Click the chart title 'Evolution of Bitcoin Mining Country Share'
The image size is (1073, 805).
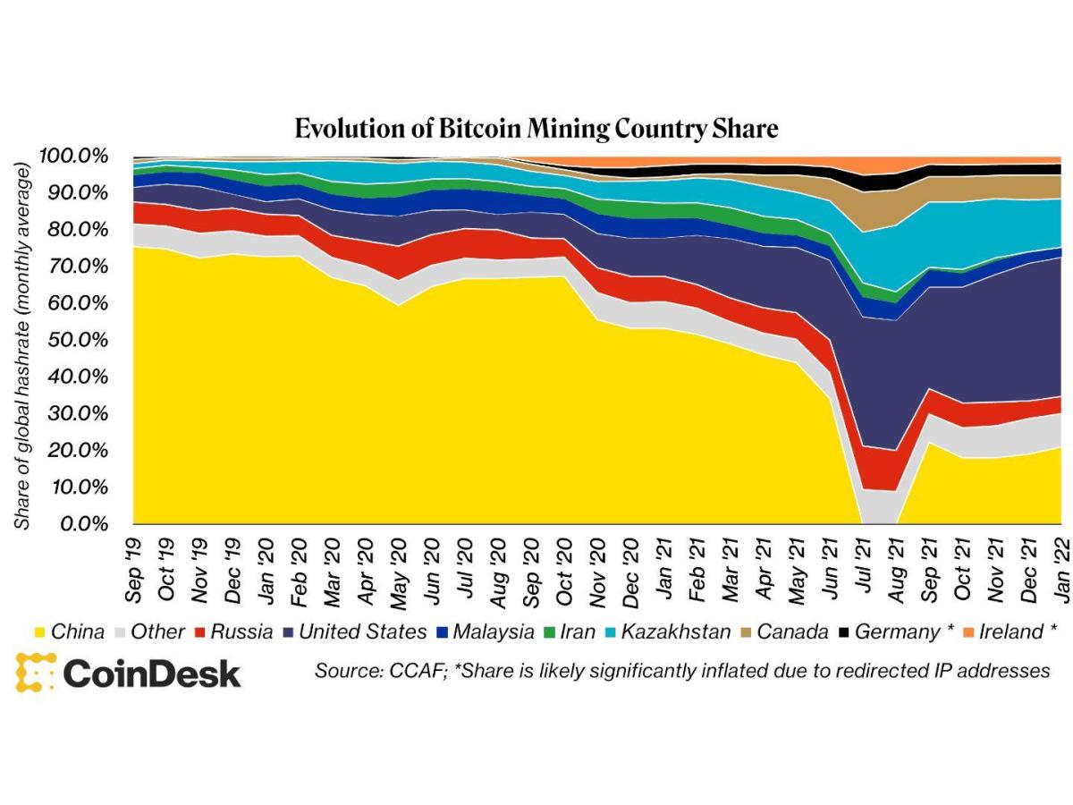tap(536, 128)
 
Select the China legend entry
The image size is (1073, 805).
tap(68, 631)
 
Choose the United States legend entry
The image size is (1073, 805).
tap(354, 631)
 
